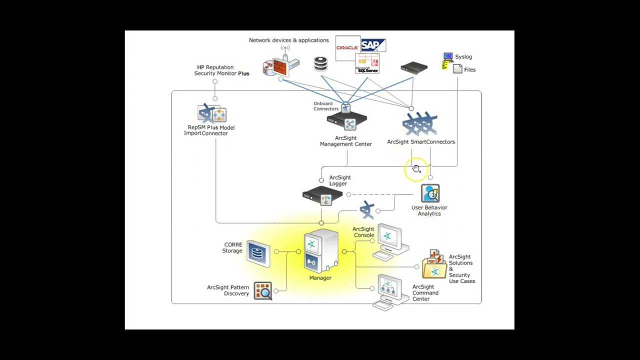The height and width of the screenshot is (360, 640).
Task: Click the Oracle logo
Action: click(347, 48)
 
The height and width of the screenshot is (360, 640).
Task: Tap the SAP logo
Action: click(373, 45)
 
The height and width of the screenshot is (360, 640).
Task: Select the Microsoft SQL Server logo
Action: click(367, 64)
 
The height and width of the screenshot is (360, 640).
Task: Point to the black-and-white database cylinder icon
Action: click(320, 64)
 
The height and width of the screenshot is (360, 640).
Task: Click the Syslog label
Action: click(463, 57)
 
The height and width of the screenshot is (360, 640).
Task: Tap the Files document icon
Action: click(457, 69)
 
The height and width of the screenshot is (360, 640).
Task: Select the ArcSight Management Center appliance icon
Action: click(347, 120)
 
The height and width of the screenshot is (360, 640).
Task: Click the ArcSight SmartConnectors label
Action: click(420, 142)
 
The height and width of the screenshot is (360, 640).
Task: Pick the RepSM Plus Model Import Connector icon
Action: click(212, 113)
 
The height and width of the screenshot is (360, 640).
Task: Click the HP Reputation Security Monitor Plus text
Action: click(221, 70)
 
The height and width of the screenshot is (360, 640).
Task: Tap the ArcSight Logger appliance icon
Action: click(322, 195)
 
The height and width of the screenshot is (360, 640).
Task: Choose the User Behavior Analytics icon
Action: click(429, 193)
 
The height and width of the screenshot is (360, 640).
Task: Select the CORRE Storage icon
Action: click(258, 252)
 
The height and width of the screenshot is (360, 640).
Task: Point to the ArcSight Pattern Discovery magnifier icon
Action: click(262, 290)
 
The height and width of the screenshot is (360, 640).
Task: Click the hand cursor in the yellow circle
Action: click(416, 169)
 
